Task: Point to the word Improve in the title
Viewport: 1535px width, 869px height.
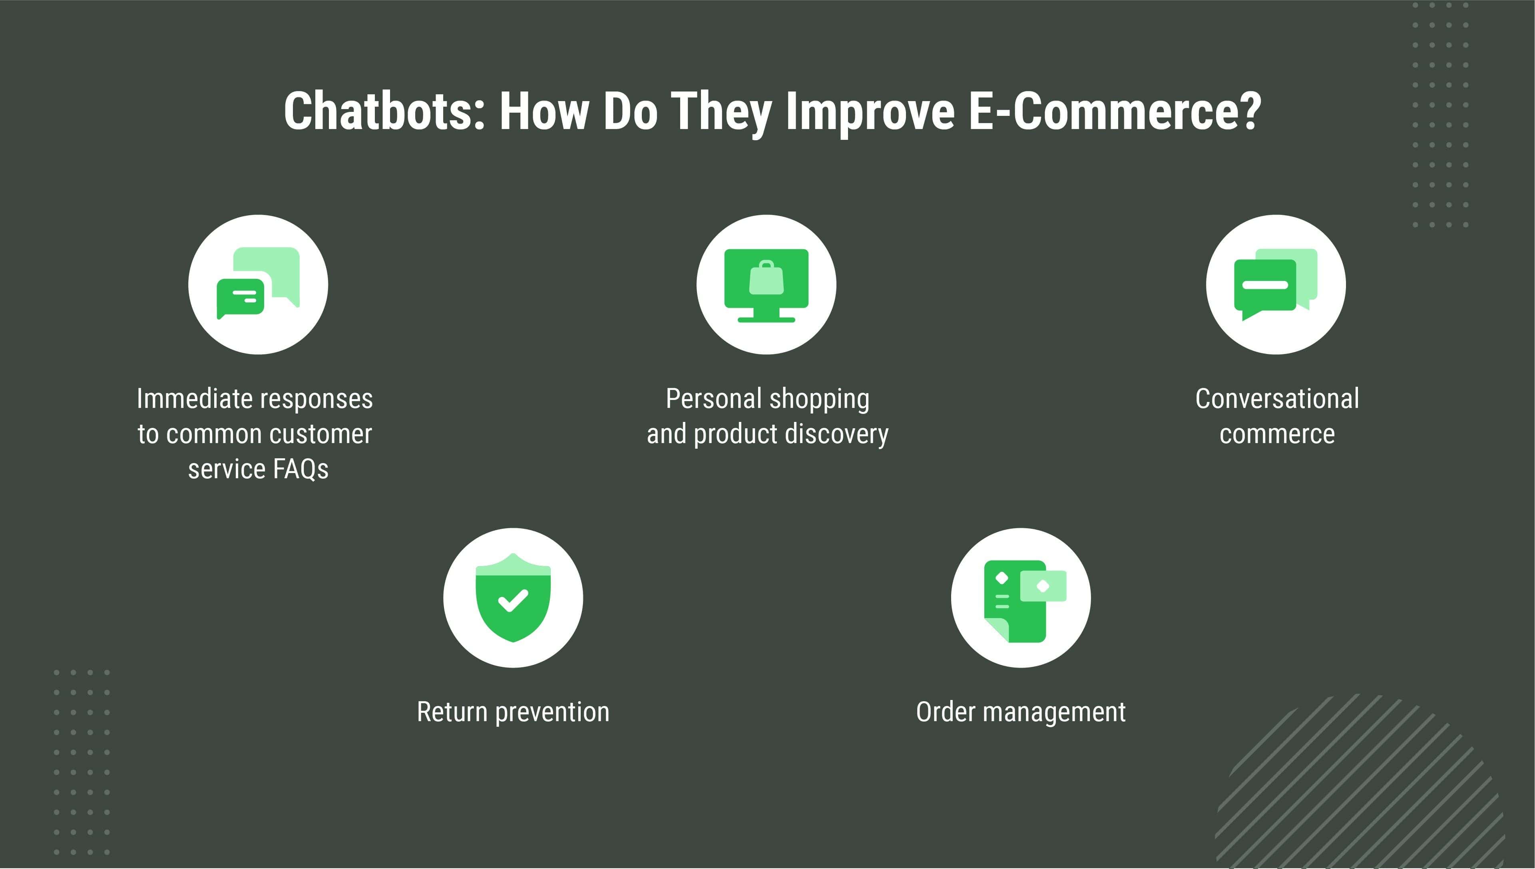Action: [x=870, y=113]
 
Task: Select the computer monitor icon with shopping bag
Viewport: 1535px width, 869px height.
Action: [x=767, y=285]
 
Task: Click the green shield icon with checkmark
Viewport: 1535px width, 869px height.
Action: [x=513, y=597]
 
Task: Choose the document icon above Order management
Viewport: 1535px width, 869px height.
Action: [x=1025, y=601]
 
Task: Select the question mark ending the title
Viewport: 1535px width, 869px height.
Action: [x=1252, y=111]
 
